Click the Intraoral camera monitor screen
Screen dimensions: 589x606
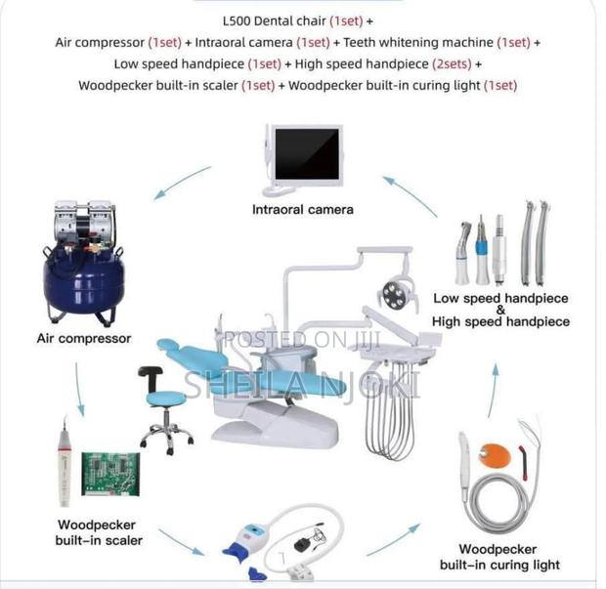click(x=306, y=159)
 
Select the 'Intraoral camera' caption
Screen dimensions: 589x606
click(x=303, y=209)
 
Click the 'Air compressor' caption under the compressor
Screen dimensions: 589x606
click(x=84, y=339)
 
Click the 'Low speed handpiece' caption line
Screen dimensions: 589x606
click(x=501, y=298)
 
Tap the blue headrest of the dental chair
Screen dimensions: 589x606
click(x=167, y=348)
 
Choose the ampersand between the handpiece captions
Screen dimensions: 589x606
click(x=501, y=310)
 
